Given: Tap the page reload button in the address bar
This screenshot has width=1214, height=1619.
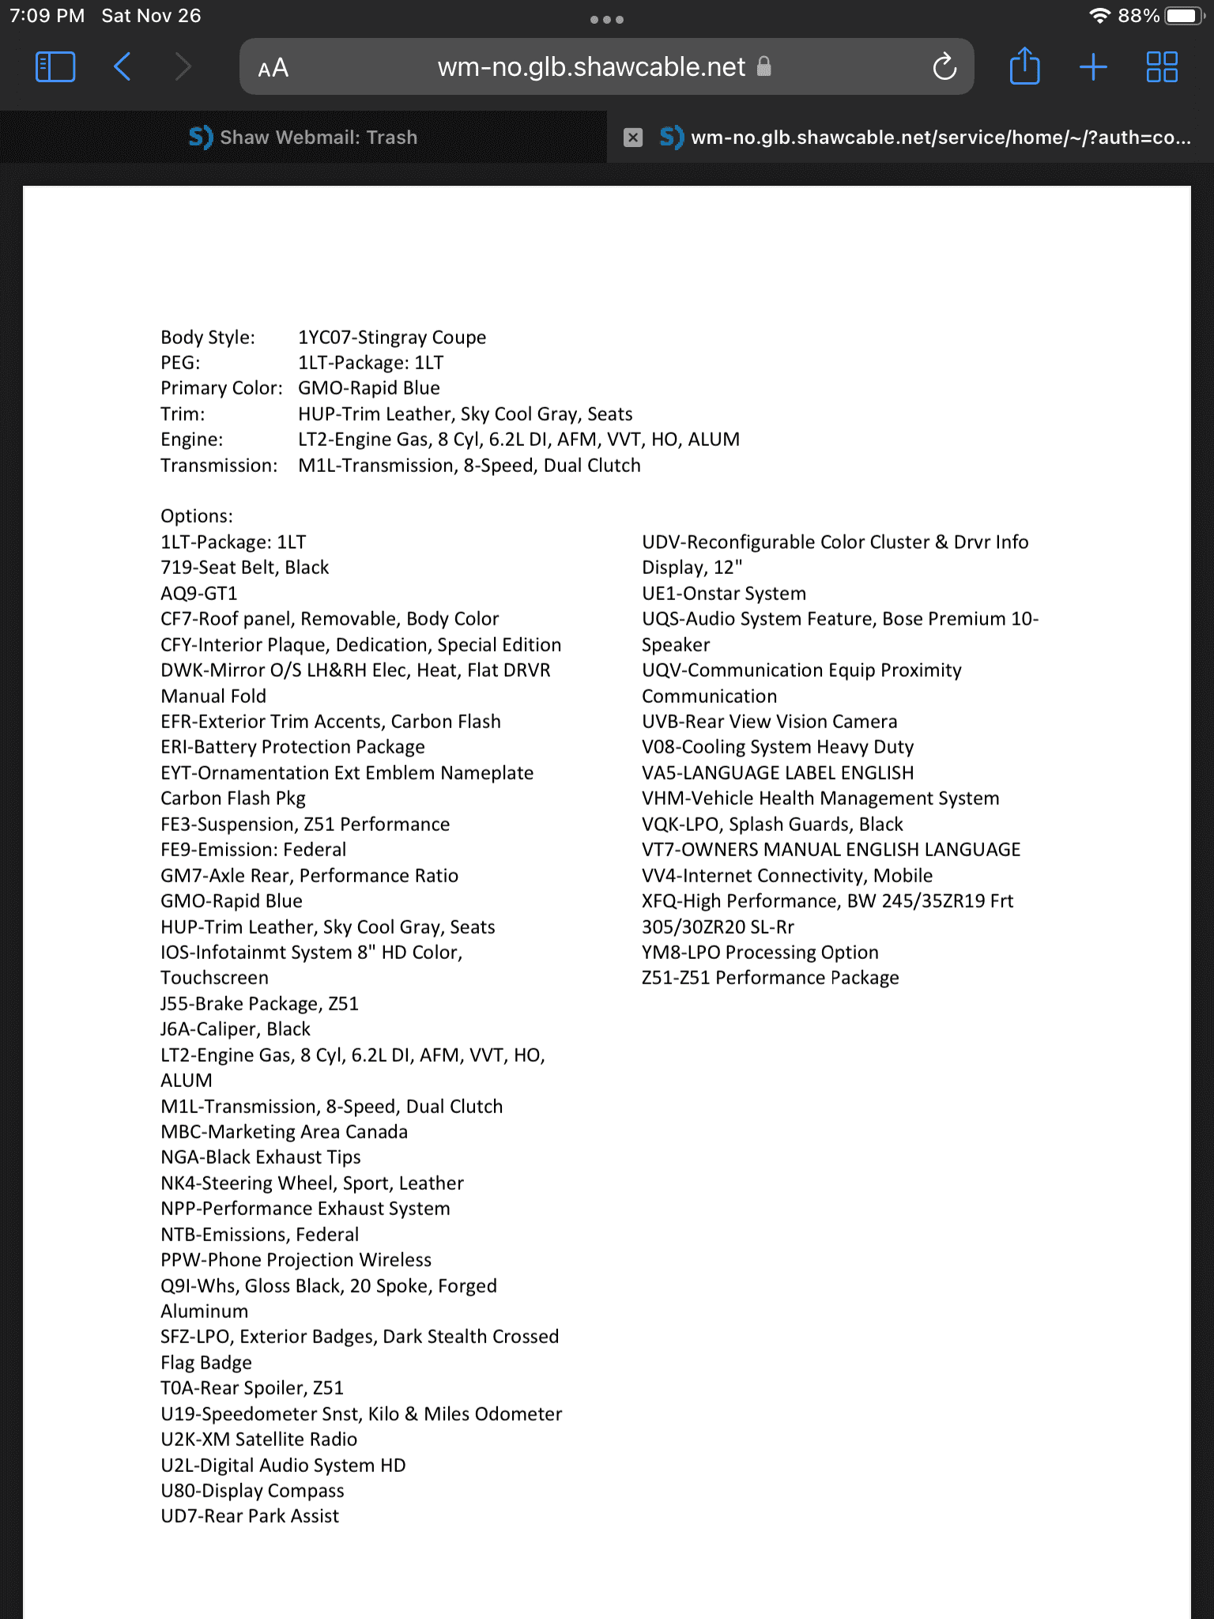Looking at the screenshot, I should [x=944, y=67].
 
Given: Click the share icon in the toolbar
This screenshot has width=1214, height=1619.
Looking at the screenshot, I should [x=1024, y=66].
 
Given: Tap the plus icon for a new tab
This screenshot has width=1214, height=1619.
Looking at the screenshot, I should [x=1093, y=67].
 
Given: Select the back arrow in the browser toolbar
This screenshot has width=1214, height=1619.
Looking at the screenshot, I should [x=123, y=67].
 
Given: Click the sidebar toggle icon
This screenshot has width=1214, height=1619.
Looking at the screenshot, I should [x=55, y=67].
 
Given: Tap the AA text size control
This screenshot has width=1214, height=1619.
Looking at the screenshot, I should [x=273, y=69].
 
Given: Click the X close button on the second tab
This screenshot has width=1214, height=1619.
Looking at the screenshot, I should [x=633, y=138].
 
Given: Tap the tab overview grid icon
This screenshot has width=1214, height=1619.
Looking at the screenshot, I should [x=1162, y=67].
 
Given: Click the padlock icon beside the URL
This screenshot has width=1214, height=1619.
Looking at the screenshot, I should [x=763, y=66].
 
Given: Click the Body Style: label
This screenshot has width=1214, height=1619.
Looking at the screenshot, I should [x=208, y=338].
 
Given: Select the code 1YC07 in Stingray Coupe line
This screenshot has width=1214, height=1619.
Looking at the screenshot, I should [x=326, y=338].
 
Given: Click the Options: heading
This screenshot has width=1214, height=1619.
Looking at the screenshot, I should [x=197, y=516].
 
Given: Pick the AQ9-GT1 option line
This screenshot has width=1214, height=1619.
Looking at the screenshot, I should [x=199, y=594].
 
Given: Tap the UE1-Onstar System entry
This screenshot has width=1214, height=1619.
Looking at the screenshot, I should [x=724, y=594].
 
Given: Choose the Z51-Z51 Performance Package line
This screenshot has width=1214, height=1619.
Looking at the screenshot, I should [x=770, y=978].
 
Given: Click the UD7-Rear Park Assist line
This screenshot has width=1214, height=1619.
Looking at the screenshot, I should [x=250, y=1516].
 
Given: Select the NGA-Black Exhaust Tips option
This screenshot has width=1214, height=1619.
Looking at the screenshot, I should [x=261, y=1157].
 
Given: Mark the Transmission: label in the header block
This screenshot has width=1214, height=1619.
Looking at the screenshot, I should [x=219, y=466].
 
